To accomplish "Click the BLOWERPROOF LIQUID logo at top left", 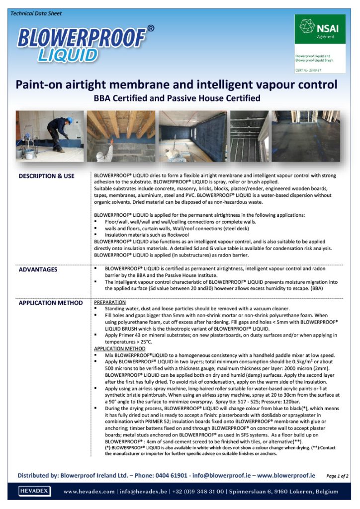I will (82, 44).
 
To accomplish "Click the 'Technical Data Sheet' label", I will (36, 13).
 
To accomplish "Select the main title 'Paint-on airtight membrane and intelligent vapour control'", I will (177, 84).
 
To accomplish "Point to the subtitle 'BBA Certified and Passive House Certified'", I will (177, 98).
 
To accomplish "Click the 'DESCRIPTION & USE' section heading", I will (46, 176).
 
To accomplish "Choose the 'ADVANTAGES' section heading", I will (38, 270).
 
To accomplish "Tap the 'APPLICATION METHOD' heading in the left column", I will (51, 303).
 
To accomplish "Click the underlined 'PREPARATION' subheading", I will (110, 302).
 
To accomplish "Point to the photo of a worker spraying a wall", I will (49, 136).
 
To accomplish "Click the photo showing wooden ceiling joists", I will (121, 136).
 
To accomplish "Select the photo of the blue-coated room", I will (192, 136).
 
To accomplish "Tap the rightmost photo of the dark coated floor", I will (306, 136).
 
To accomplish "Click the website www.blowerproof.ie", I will (286, 476).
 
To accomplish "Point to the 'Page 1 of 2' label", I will (337, 476).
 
